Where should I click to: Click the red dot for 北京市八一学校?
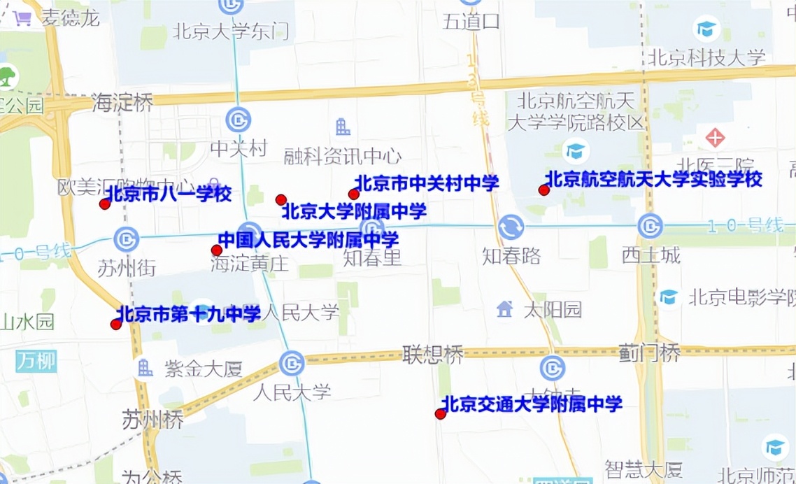click(105, 204)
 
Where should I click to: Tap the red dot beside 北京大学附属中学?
click(281, 200)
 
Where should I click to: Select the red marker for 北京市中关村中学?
click(354, 194)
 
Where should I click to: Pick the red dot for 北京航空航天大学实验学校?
click(543, 190)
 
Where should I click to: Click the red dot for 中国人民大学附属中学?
click(217, 250)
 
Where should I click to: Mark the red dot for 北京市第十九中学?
click(116, 324)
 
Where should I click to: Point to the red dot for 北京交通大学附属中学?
click(440, 414)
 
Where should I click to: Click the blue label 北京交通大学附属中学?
click(532, 404)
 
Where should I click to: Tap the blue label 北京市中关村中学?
click(427, 183)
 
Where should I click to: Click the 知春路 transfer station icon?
click(511, 227)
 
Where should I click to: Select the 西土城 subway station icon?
click(650, 225)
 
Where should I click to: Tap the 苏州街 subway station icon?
click(127, 239)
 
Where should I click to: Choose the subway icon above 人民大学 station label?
click(292, 363)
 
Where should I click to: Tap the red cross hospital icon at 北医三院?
click(715, 137)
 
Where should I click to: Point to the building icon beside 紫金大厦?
click(145, 367)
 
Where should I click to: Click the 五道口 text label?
click(471, 22)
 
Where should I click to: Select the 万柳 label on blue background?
click(36, 361)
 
